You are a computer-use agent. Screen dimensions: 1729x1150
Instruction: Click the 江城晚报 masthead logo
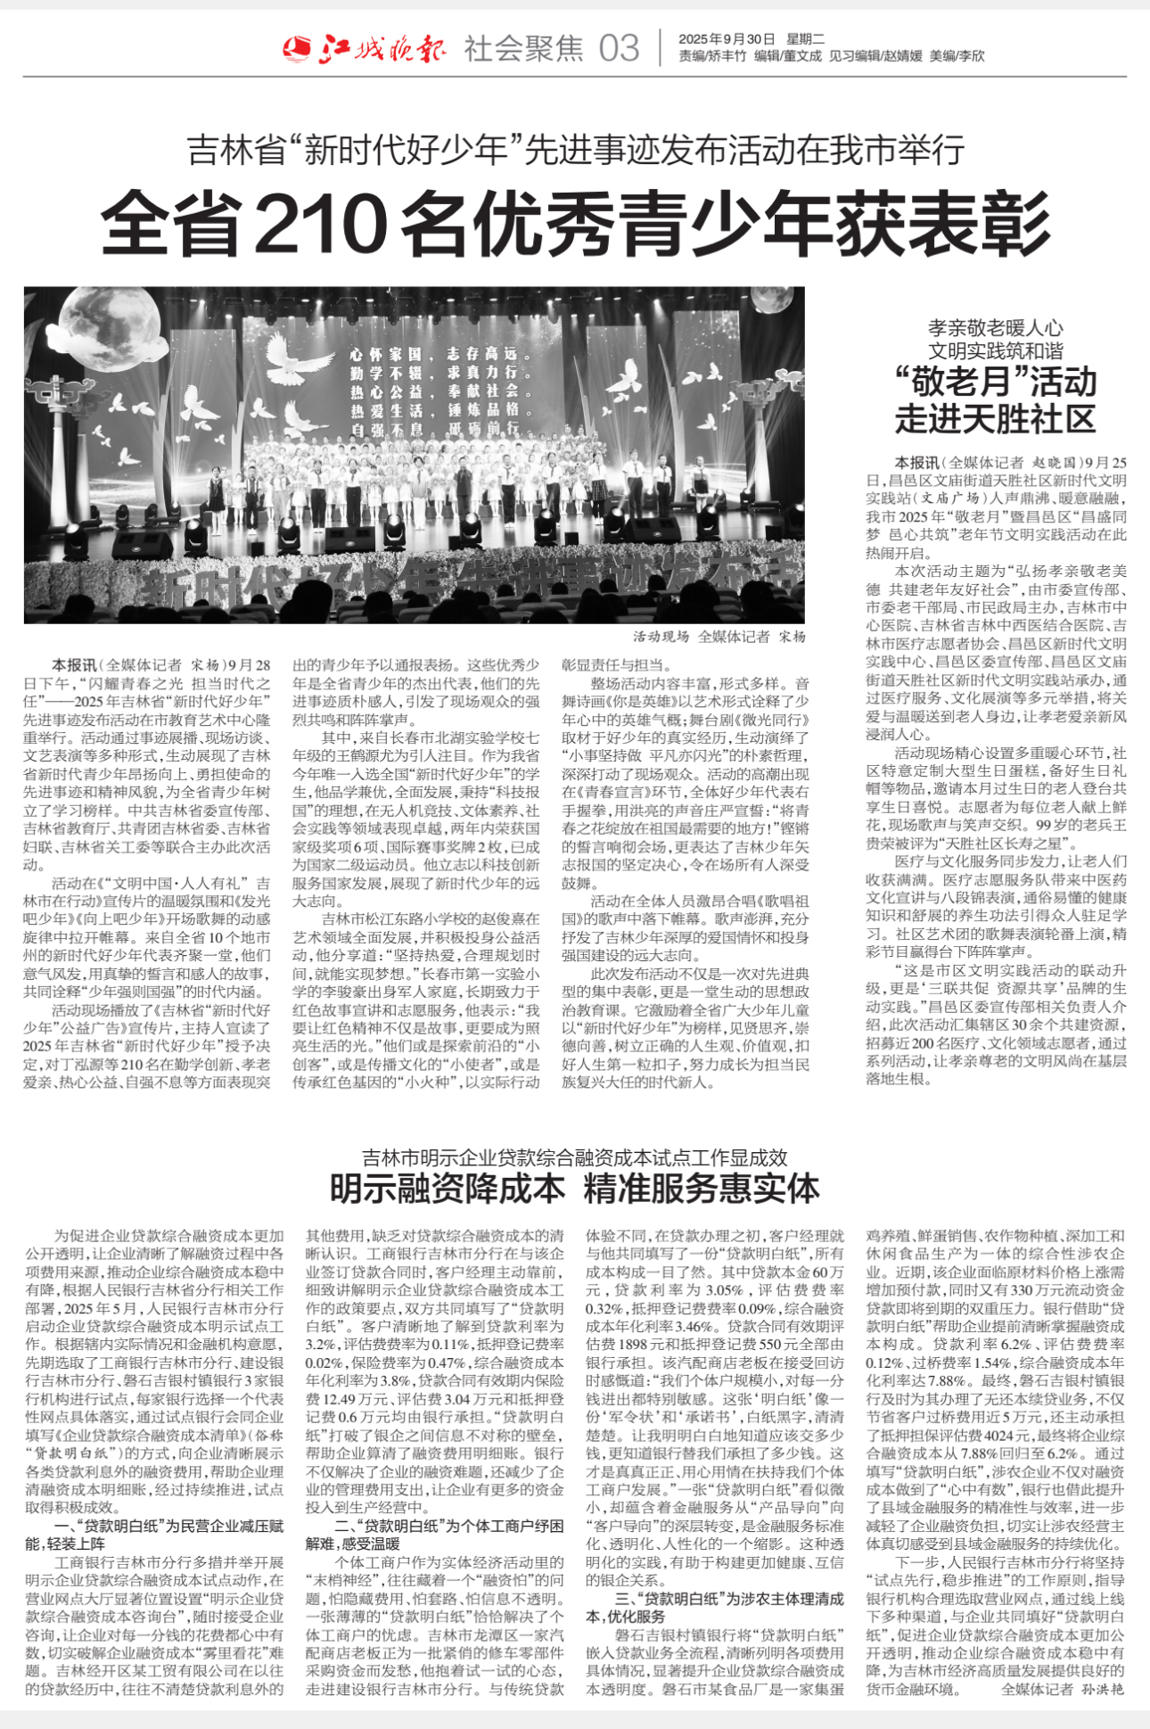[365, 47]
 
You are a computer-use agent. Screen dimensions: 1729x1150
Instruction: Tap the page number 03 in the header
[619, 48]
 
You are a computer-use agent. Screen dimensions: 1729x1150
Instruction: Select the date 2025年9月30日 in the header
[727, 39]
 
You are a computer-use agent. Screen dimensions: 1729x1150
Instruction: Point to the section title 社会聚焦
[523, 48]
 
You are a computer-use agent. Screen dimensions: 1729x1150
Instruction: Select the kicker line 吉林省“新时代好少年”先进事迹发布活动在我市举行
[575, 150]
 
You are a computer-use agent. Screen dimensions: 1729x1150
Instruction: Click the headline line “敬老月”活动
[995, 383]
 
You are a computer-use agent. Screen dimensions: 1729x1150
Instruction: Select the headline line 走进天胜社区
[995, 418]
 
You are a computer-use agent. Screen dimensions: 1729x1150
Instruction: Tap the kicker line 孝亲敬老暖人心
[995, 328]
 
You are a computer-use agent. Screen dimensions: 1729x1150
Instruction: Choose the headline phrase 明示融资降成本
[448, 1189]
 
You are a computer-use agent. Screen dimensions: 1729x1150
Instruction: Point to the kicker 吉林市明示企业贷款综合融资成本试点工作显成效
[575, 1157]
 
